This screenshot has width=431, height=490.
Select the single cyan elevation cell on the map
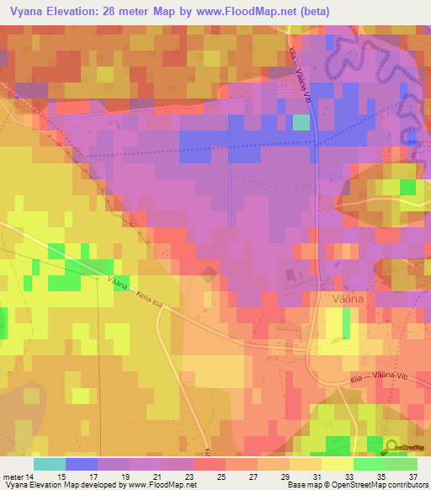(x=301, y=123)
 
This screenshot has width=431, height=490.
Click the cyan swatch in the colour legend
(x=49, y=464)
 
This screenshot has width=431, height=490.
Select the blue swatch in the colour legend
(x=81, y=464)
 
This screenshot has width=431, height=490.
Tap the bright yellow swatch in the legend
(x=337, y=464)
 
